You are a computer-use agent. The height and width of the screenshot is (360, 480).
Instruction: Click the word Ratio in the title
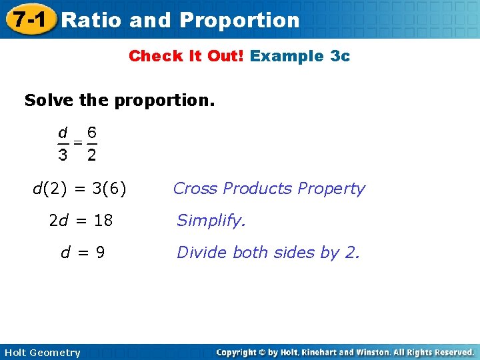click(x=91, y=20)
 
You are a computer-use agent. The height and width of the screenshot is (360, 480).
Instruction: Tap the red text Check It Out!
click(x=187, y=56)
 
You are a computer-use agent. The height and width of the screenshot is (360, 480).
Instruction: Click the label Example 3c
click(x=299, y=56)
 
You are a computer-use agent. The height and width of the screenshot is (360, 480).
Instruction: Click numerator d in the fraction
click(x=62, y=132)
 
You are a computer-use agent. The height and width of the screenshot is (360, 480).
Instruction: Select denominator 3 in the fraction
click(x=62, y=155)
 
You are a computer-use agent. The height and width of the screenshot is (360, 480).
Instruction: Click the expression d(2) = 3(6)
click(x=80, y=189)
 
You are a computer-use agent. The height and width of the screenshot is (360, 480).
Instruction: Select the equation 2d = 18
click(x=81, y=221)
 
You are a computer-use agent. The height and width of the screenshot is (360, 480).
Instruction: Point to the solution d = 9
click(x=83, y=253)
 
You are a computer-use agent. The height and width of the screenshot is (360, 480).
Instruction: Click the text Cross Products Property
click(x=269, y=189)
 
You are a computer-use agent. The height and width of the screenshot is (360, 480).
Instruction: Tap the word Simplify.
click(x=211, y=221)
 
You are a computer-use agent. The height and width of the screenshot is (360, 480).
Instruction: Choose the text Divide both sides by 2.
click(x=268, y=253)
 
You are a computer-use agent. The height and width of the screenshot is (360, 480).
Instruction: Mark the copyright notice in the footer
click(x=345, y=352)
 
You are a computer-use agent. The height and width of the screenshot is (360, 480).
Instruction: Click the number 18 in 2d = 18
click(x=103, y=221)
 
